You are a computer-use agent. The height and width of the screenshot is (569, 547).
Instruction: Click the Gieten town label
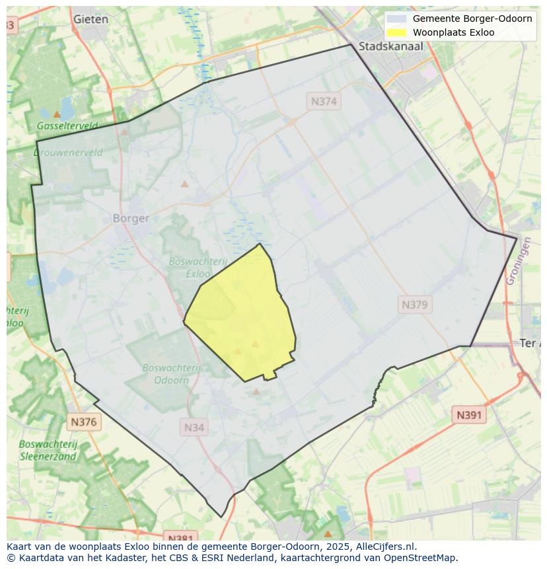click(x=91, y=19)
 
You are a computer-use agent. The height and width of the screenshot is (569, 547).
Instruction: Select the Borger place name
click(x=131, y=218)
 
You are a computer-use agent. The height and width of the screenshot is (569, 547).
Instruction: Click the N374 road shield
click(x=324, y=101)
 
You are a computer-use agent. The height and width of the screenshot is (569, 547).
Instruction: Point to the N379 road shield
click(x=415, y=305)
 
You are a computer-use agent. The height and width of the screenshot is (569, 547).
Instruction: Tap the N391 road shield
click(x=469, y=415)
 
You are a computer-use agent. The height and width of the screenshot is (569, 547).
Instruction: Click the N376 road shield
click(x=84, y=422)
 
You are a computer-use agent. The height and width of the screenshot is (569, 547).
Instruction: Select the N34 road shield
click(x=194, y=427)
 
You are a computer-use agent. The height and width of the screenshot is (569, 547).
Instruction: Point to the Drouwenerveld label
click(x=68, y=153)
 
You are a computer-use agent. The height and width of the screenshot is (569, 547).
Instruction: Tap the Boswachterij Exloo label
click(x=189, y=267)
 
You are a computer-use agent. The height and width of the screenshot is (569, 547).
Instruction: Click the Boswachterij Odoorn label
click(x=171, y=374)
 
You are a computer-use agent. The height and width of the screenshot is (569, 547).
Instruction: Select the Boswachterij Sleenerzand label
click(x=48, y=450)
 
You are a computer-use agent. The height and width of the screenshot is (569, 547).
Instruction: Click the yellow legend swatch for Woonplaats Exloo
click(x=396, y=32)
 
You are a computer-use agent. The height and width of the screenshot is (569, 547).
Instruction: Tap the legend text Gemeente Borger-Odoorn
click(x=472, y=19)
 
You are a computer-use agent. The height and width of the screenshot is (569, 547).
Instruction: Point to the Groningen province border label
click(x=518, y=262)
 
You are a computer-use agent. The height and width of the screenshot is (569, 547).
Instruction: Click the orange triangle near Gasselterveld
click(x=57, y=114)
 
